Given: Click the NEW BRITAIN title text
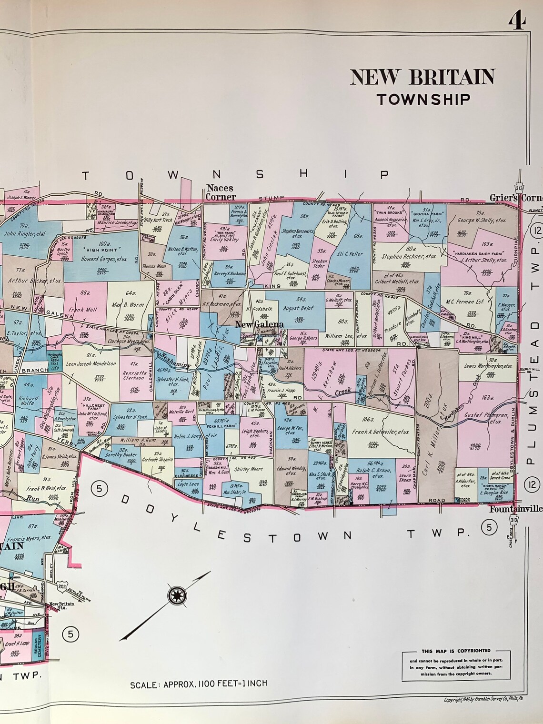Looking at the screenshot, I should [422, 77].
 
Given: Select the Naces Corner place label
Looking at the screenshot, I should [221, 192].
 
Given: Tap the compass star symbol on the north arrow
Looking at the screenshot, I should [177, 595].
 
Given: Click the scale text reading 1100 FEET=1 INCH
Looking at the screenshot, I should [199, 684].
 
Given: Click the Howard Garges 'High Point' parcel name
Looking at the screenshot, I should [90, 259].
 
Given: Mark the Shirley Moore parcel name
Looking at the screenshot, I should [248, 469].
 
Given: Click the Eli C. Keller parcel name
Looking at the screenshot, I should [350, 254].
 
